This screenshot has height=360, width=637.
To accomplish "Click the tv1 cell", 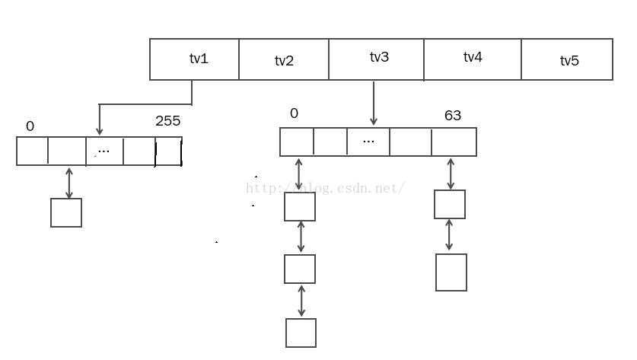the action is point(195,59).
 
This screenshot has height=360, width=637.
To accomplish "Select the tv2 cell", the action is point(284,60).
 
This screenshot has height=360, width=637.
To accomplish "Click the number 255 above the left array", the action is point(168,121).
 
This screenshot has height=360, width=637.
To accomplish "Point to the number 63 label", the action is point(453,116).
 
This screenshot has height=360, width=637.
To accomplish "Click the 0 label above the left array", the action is point(30,126).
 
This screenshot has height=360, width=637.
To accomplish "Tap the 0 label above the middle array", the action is point(295,114).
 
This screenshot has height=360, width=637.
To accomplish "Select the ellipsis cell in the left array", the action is point(105,151).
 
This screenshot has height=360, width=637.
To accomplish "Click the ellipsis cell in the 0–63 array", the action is point(368,142).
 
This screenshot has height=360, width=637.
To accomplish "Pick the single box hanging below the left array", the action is point(66,212).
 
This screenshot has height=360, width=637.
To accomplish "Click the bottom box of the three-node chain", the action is point(301,333).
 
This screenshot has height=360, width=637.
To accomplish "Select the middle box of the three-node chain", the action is point(300,269).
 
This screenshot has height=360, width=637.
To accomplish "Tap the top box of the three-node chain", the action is point(300,206).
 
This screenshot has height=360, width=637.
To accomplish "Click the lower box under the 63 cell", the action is point(451,272).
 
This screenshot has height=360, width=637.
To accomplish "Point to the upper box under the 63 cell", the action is point(450,204).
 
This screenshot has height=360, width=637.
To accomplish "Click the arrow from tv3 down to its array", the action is point(373,103).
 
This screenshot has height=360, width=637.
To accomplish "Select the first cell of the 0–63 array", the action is point(297,142).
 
